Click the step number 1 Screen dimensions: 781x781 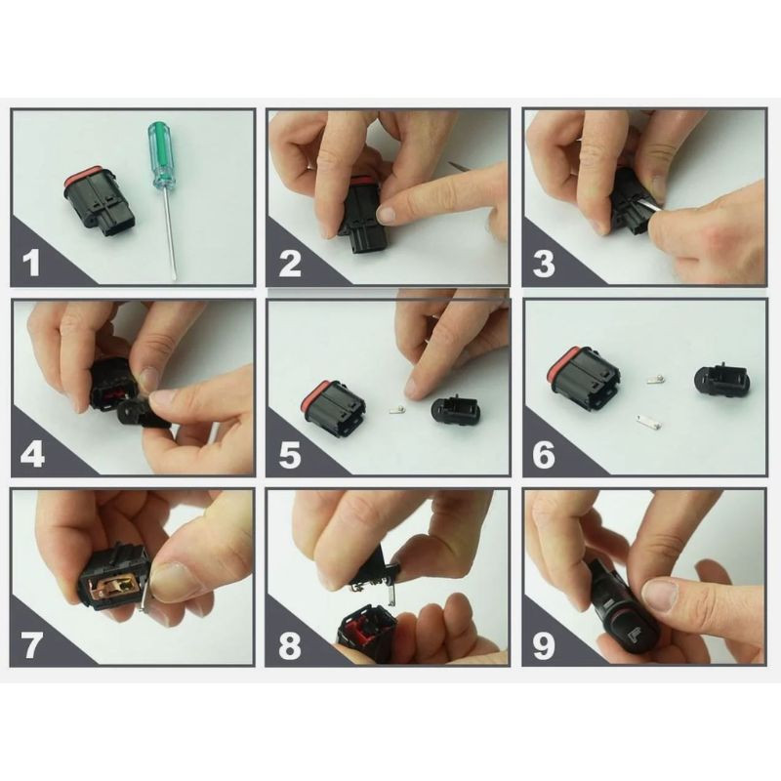[32, 262]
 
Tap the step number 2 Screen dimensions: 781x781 [290, 263]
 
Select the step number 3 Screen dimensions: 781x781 [544, 264]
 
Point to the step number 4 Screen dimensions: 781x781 [33, 453]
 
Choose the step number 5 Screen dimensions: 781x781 [290, 454]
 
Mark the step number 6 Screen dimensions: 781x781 [544, 454]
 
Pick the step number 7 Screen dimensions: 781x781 [31, 644]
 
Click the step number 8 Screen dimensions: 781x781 [290, 644]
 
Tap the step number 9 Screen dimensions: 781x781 [544, 644]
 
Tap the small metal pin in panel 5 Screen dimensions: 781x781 [397, 410]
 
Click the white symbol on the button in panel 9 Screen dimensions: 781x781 [634, 637]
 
